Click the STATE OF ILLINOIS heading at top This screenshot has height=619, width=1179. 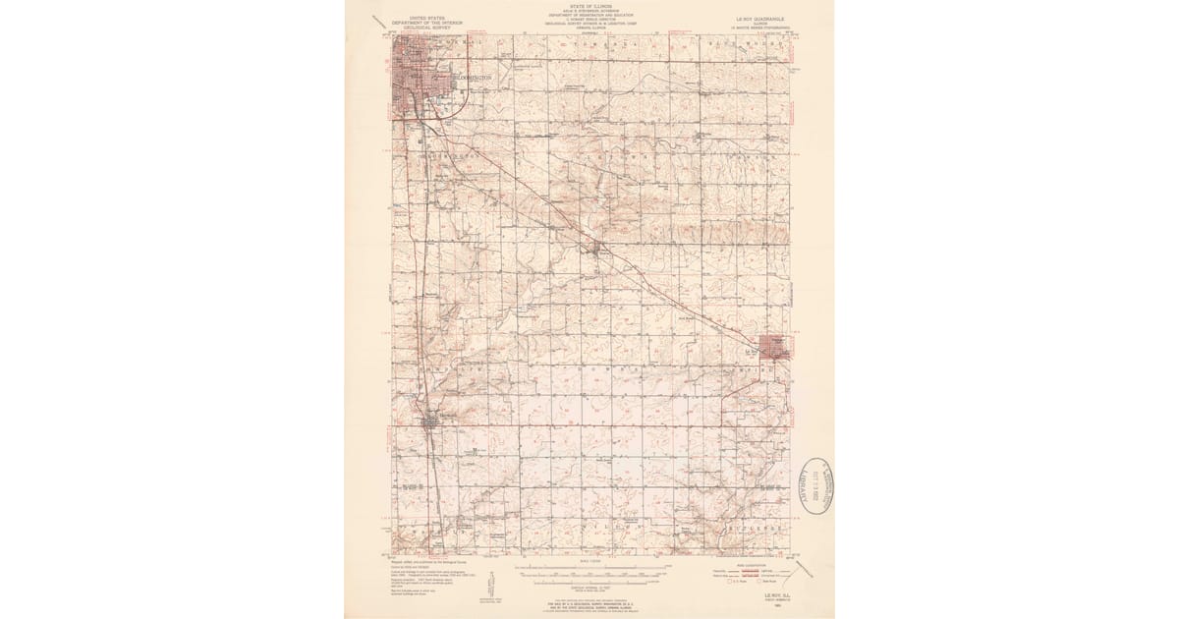click(x=589, y=5)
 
